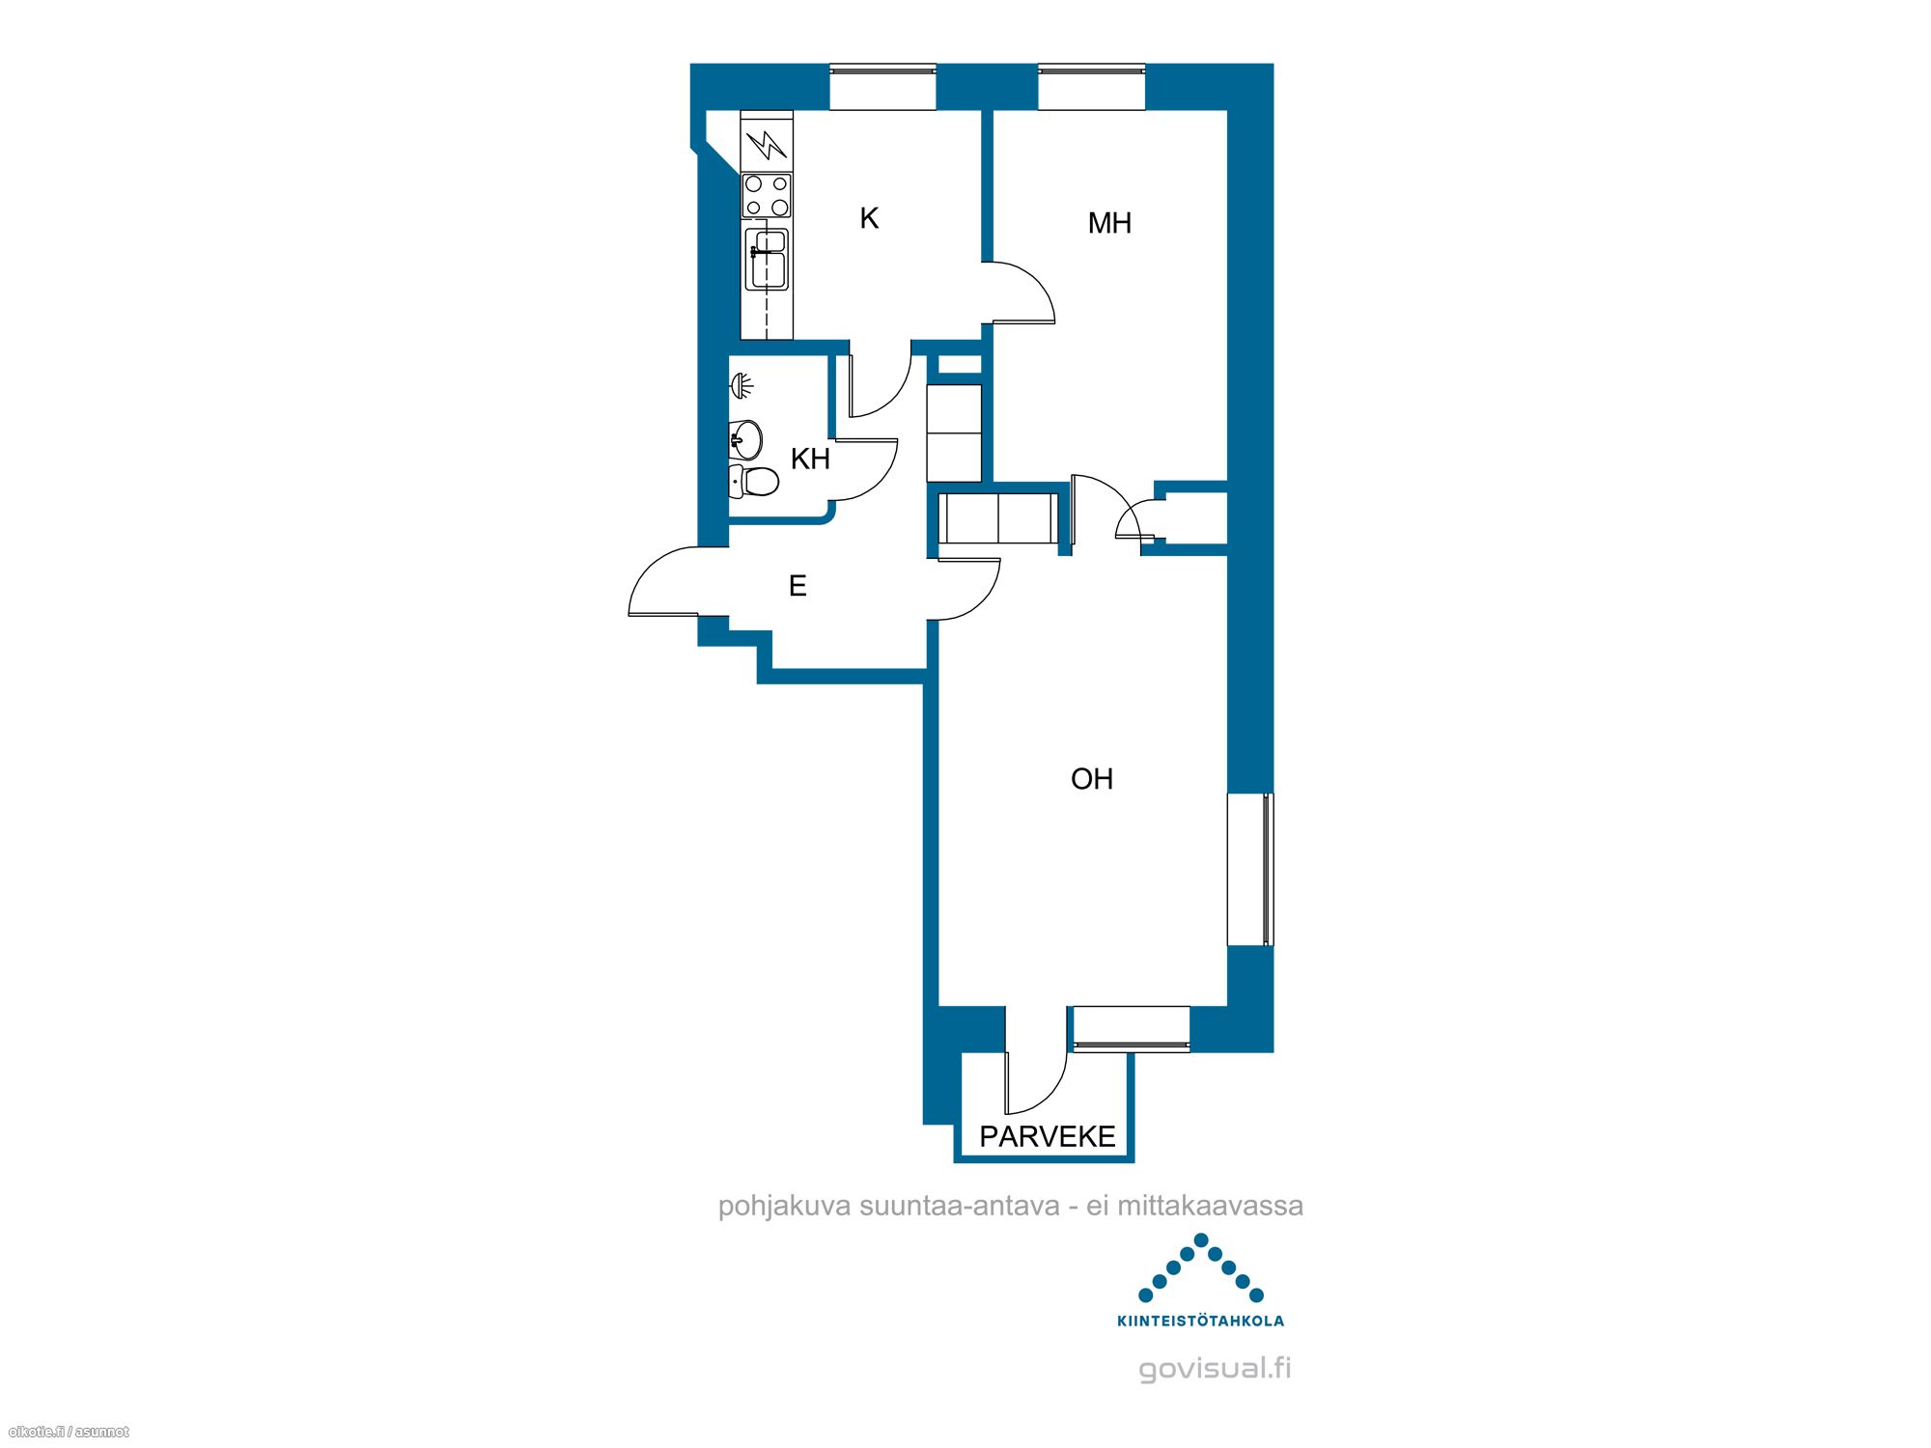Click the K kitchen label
[869, 219]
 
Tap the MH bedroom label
[1109, 224]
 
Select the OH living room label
[1092, 779]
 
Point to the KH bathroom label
[810, 459]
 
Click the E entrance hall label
[798, 586]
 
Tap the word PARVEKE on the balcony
[1048, 1136]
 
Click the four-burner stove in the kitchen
[767, 195]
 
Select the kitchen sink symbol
[769, 259]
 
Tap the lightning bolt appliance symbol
[767, 145]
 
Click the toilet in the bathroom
[754, 480]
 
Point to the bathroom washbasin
[745, 440]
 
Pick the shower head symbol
[742, 385]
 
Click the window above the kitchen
[883, 87]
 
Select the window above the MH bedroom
[1092, 87]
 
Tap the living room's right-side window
[1250, 869]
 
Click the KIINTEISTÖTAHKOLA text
[1201, 1321]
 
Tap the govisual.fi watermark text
[1215, 1369]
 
